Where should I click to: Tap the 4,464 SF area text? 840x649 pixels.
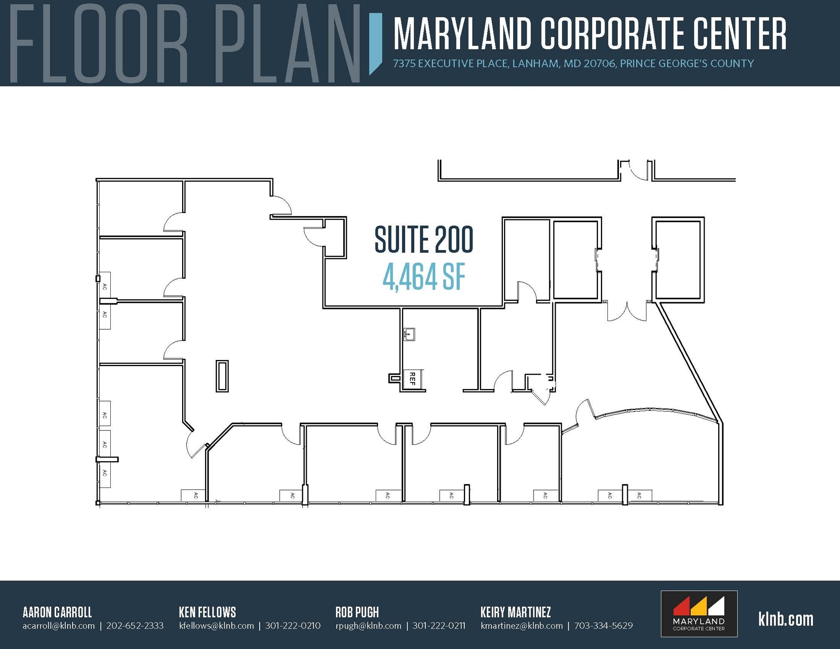point(424,278)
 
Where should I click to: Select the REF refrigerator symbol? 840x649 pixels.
point(413,379)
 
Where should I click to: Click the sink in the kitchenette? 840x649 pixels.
point(409,334)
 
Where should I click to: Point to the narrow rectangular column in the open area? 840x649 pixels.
point(222,376)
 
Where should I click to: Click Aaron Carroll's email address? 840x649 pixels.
point(59,626)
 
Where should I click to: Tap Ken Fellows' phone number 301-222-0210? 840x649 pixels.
point(293,626)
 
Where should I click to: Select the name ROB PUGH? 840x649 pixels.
point(357,612)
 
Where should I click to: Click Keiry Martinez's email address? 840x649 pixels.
point(522,626)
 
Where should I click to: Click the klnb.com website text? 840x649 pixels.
point(785,619)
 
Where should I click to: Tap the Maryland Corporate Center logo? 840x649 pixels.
point(699,613)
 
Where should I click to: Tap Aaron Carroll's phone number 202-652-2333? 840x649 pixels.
point(135,626)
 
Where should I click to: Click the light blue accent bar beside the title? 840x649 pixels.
point(375,43)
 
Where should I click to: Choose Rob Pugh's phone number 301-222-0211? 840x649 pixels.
point(439,626)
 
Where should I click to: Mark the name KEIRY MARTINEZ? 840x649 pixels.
point(516,612)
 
